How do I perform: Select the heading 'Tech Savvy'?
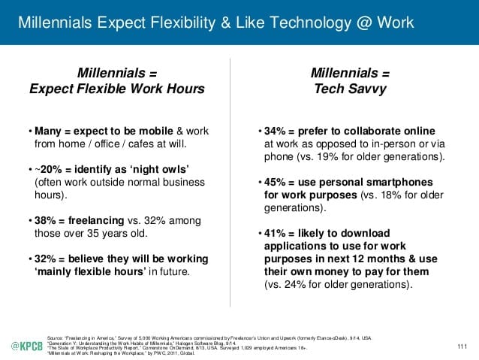pos(351,89)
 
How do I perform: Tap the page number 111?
pos(461,346)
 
